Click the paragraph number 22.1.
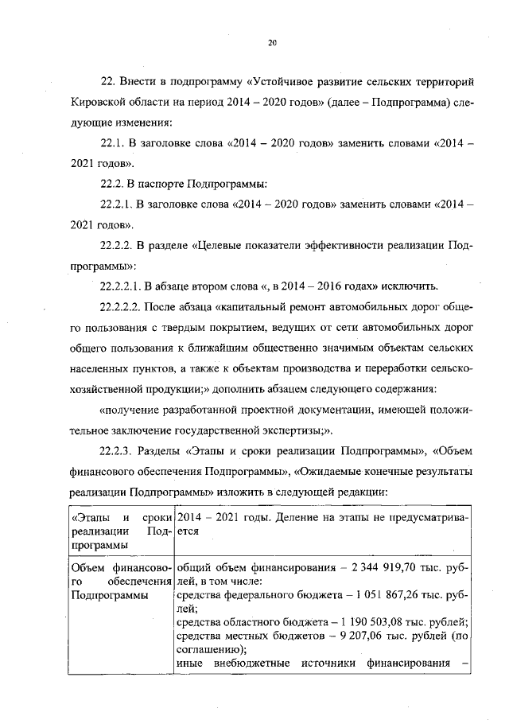coord(112,142)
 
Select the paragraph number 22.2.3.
coord(117,450)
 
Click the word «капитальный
coord(221,306)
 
